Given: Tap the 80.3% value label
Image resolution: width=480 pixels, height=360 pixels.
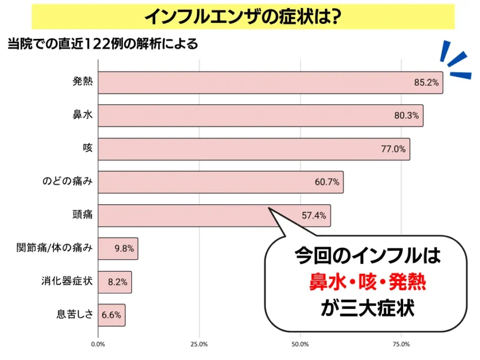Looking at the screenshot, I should point(407,116).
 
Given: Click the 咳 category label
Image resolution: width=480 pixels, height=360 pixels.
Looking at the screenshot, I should point(87,149).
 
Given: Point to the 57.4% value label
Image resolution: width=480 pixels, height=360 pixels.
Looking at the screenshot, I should point(314,215).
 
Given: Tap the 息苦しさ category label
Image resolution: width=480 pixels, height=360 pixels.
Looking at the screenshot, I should point(75,315).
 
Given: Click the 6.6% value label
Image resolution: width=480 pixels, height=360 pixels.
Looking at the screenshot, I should point(112,315).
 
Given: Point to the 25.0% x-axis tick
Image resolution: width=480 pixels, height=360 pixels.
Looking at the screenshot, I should point(199,344).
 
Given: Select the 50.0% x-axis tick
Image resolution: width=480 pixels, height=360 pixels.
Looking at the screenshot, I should point(300,344).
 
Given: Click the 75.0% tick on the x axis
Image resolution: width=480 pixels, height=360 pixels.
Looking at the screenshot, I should point(401,344).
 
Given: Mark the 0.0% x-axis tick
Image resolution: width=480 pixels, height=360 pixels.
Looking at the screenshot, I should point(98,344).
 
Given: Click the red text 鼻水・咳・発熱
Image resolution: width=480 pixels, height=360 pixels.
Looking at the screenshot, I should point(368,281).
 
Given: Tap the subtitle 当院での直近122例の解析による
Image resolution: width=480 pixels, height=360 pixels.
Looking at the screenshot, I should point(102,44).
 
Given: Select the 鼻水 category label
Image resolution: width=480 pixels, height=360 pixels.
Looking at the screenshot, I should point(83,116).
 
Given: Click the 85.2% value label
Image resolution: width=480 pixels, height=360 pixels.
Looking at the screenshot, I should point(426,83).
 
